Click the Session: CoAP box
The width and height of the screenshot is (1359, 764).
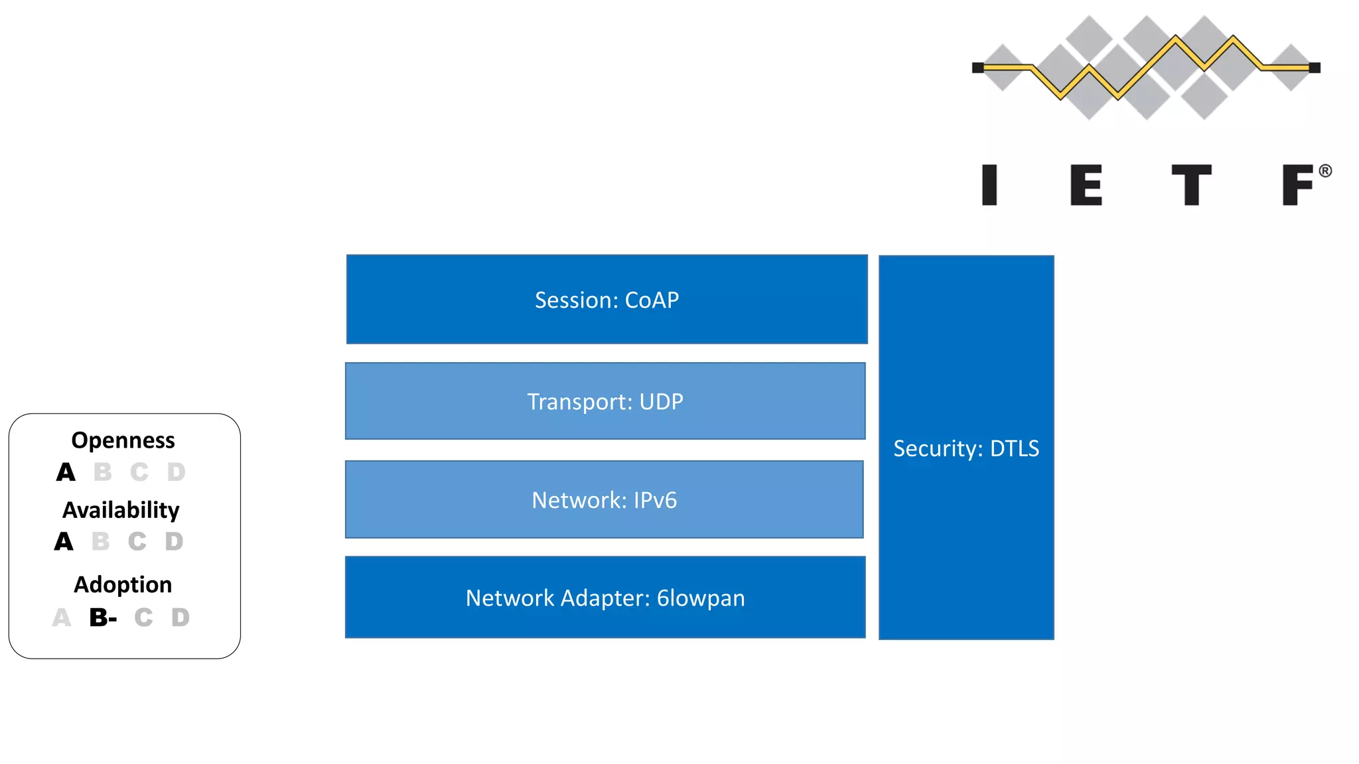[x=607, y=300]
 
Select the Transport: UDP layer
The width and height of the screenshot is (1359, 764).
[x=605, y=401]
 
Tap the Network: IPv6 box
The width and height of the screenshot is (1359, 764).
[x=604, y=499]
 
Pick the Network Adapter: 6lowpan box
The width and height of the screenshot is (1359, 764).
[x=605, y=598]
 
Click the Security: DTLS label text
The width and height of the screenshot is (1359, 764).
[x=966, y=448]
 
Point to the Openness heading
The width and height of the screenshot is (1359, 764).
[x=123, y=440]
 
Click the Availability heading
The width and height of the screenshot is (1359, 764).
[x=121, y=510]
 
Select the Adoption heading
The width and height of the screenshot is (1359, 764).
[x=123, y=584]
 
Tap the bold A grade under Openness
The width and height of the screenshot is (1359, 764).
[x=66, y=472]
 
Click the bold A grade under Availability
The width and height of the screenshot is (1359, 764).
[x=64, y=542]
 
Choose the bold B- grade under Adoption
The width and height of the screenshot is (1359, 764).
[x=103, y=617]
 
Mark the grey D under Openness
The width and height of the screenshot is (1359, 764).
[x=176, y=472]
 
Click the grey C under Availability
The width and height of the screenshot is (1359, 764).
[x=137, y=542]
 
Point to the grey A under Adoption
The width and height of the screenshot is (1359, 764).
[x=61, y=617]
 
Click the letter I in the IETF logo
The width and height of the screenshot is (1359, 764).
[x=989, y=185]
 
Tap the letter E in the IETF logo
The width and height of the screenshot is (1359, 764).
[x=1086, y=185]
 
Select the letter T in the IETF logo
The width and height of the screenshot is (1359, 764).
[x=1191, y=185]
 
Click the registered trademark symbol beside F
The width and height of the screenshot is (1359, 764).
[x=1325, y=171]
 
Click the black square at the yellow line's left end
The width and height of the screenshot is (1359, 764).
[x=977, y=68]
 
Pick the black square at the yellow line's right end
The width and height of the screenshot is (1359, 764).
[x=1315, y=68]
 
